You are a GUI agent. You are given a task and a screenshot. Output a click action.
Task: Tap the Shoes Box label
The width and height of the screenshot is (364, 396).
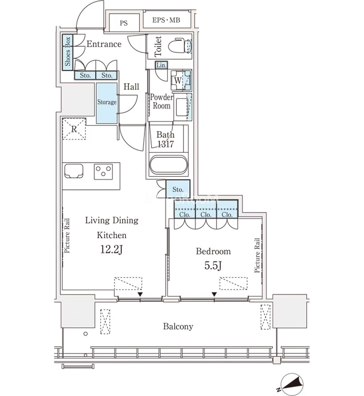point(68,52)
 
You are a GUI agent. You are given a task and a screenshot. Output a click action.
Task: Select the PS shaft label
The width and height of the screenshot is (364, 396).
point(124,24)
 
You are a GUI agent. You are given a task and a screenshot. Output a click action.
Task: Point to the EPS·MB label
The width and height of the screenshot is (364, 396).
point(166,20)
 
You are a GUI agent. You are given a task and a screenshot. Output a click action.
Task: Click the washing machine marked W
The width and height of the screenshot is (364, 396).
point(181,80)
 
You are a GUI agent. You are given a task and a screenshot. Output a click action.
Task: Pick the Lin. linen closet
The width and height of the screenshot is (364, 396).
point(161,65)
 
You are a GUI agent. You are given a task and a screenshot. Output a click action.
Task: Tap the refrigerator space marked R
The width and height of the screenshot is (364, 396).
point(74,129)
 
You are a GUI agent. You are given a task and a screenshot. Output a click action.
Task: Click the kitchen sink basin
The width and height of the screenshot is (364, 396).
point(74,171)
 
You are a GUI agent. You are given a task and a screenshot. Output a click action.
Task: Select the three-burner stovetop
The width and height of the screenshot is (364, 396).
point(103,172)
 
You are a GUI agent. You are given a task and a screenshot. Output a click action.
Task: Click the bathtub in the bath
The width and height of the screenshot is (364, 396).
point(169,165)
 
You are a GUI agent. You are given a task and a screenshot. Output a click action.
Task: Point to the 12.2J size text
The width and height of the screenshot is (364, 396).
point(112,249)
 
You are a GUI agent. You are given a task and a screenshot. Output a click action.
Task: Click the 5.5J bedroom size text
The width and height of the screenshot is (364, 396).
point(213,265)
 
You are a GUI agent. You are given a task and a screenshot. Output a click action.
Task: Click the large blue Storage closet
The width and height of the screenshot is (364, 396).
point(107,103)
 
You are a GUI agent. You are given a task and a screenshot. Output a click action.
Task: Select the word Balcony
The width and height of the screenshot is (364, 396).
point(178,326)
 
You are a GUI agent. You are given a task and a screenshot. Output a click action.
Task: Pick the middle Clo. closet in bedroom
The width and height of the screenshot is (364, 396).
point(206,209)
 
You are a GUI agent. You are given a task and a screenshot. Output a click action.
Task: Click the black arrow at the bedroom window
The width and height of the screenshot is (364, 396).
point(214,294)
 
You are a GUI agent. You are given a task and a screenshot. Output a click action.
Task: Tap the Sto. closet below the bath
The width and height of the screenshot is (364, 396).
point(178,189)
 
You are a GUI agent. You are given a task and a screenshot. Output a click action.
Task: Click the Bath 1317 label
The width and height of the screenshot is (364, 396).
point(165,139)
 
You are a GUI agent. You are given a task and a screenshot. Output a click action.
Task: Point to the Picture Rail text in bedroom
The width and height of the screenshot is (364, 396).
point(257,255)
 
